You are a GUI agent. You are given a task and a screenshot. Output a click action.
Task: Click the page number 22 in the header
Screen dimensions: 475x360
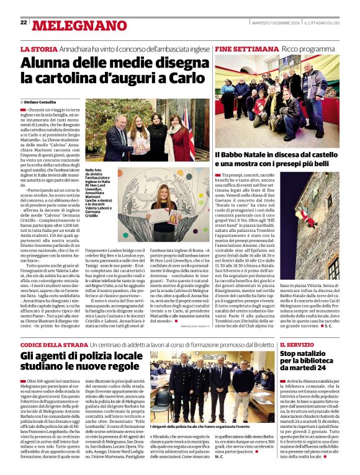click(x=23, y=23)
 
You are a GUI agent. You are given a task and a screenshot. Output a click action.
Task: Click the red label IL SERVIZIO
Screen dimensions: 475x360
click(x=298, y=345)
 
